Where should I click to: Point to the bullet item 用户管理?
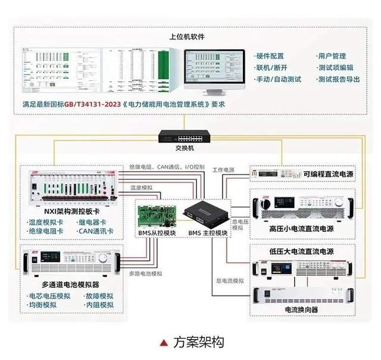point(332,56)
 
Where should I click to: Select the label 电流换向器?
point(302,310)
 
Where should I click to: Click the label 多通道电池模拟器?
point(68,284)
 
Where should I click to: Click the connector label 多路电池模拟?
point(146,274)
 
